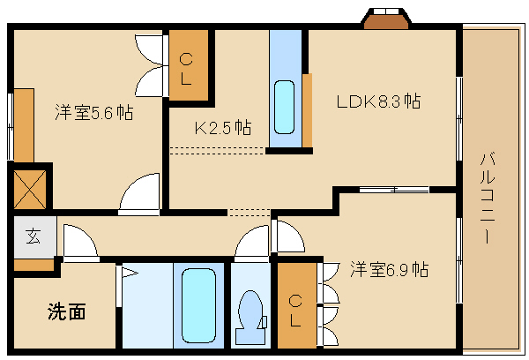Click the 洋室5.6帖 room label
[93, 113]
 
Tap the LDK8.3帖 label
[377, 101]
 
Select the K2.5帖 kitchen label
[222, 127]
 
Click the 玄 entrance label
[33, 236]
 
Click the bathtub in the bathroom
[201, 306]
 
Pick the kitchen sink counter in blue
[285, 91]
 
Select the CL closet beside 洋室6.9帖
[296, 305]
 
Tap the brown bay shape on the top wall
[385, 18]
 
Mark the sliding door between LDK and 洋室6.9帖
[393, 190]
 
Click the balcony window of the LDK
[458, 118]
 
